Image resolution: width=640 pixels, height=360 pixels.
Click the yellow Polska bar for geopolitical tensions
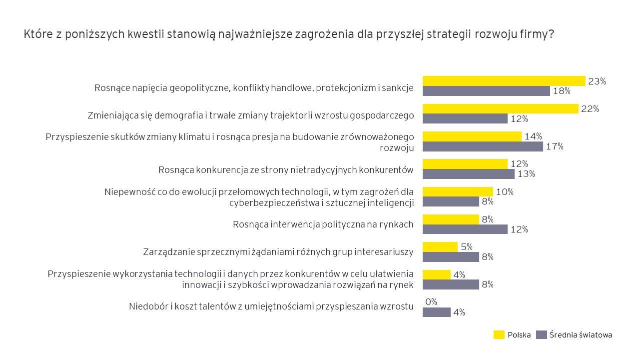coord(504,81)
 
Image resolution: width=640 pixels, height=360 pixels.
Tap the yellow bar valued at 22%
coord(500,108)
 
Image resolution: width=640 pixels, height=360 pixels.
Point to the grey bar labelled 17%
coord(483,146)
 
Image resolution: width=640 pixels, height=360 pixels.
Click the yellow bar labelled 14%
coord(472,136)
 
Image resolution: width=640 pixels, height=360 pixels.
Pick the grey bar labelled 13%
coord(468,174)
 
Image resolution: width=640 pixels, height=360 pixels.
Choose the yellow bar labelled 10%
coord(458,191)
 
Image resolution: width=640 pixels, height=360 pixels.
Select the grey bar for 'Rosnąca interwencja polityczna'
coord(465,229)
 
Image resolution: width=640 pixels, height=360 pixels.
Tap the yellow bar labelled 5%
coord(440,247)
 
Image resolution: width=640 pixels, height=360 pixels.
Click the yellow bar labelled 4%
coord(436,274)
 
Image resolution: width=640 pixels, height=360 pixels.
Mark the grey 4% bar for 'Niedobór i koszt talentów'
coord(436,312)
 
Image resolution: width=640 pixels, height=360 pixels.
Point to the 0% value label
coord(431,301)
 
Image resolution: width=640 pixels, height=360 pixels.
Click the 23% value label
coord(597,81)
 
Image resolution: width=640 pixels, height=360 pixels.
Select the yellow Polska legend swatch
coord(499,335)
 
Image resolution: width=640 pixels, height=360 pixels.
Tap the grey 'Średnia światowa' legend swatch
coord(541,335)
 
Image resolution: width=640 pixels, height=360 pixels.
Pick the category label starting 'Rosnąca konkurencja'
coord(285,170)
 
